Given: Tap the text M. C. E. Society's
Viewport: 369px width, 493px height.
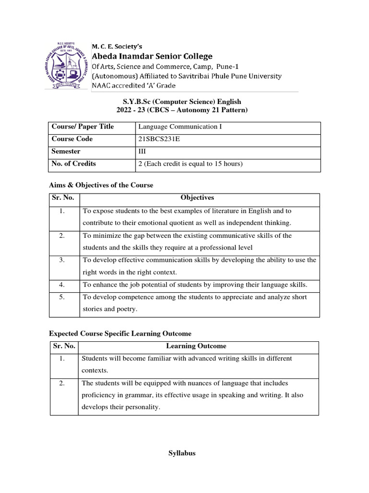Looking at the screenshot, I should [117, 46].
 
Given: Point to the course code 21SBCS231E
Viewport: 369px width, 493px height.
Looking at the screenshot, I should [161, 139].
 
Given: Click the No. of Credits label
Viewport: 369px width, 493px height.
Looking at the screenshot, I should [74, 164].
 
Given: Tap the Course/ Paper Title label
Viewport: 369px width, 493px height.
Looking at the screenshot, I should [83, 127].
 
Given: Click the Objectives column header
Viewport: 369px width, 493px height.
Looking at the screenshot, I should [197, 198].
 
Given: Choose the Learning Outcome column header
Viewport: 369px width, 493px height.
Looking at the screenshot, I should [196, 346].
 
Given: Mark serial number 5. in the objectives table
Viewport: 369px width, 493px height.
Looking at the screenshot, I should [62, 297].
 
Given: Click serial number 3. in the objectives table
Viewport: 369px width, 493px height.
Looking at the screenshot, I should [62, 260].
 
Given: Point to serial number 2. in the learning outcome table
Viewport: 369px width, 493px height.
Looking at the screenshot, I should [61, 383].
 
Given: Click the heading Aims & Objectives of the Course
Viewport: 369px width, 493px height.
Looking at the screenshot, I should [101, 185].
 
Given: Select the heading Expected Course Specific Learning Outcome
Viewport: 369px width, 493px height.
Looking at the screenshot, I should [120, 334].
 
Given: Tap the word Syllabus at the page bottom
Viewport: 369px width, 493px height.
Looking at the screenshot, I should [182, 454].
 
